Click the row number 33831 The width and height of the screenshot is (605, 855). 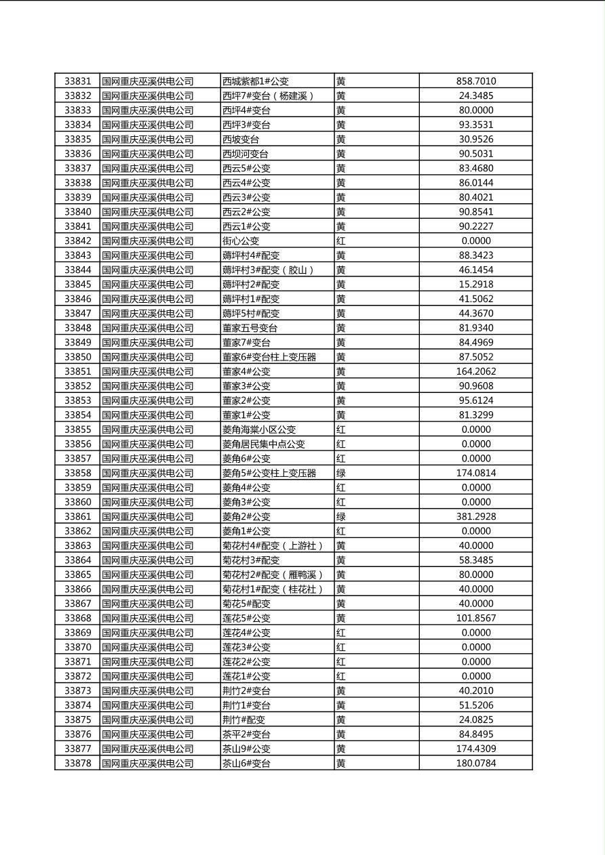click(x=77, y=81)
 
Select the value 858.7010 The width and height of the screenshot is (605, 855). click(x=475, y=81)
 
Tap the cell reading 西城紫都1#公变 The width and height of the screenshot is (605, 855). click(x=256, y=81)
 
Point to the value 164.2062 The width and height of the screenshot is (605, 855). click(x=475, y=371)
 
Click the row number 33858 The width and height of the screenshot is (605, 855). click(x=77, y=473)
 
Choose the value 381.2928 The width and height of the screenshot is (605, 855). click(x=475, y=516)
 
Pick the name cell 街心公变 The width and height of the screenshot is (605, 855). click(x=241, y=241)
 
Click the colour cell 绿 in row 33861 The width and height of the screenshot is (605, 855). click(x=341, y=516)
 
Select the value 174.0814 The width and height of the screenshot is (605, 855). click(x=475, y=473)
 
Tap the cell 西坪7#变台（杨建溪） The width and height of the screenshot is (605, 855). click(x=269, y=96)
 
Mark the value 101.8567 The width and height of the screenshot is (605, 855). click(x=475, y=618)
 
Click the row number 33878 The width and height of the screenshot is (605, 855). click(x=77, y=764)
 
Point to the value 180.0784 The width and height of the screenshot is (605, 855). click(x=475, y=764)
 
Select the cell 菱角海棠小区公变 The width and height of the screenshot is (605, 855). click(x=259, y=430)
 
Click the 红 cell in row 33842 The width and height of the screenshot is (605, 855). click(x=341, y=241)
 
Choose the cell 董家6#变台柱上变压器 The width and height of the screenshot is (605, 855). click(x=269, y=357)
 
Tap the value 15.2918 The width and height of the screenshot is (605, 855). click(x=475, y=285)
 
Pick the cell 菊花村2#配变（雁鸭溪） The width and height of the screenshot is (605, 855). click(x=273, y=575)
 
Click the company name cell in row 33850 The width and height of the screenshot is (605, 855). click(x=148, y=357)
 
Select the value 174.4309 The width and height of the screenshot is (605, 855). click(x=475, y=749)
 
